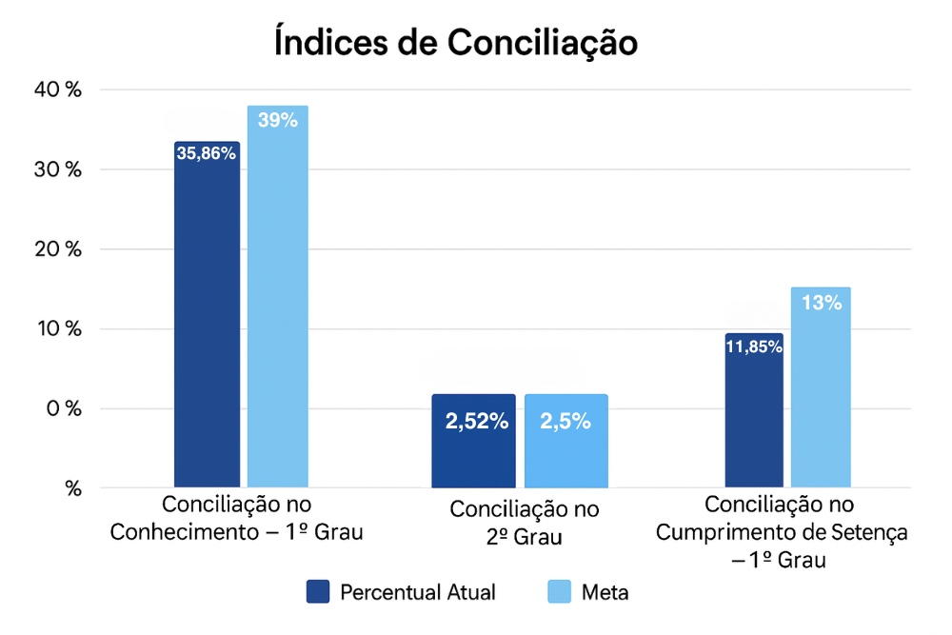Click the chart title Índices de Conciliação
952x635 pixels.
[x=455, y=43]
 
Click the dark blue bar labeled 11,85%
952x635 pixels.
[x=754, y=414]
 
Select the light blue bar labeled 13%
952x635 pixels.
[x=821, y=390]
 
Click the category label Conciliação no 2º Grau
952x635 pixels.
[x=525, y=523]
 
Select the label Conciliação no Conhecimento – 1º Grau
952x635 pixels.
[x=237, y=517]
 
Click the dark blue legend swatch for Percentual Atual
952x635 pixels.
[x=317, y=591]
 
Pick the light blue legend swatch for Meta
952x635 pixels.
[x=559, y=591]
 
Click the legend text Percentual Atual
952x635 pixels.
[x=418, y=591]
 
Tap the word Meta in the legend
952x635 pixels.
[x=605, y=591]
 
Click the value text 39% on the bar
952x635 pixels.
[x=278, y=121]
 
